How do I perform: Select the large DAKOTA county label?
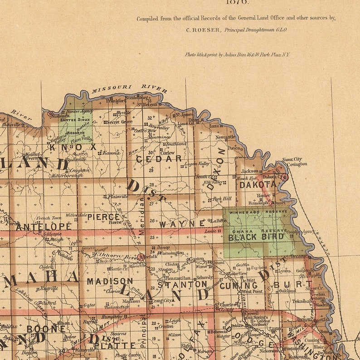[x=258, y=185]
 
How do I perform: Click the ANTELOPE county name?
[x=44, y=226]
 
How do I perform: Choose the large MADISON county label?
[x=110, y=281]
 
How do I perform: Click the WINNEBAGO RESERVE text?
[x=258, y=212]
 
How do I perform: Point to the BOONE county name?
[x=46, y=328]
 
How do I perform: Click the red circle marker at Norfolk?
[x=141, y=257]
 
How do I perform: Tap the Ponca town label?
[x=234, y=148]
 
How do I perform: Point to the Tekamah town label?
[x=302, y=301]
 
